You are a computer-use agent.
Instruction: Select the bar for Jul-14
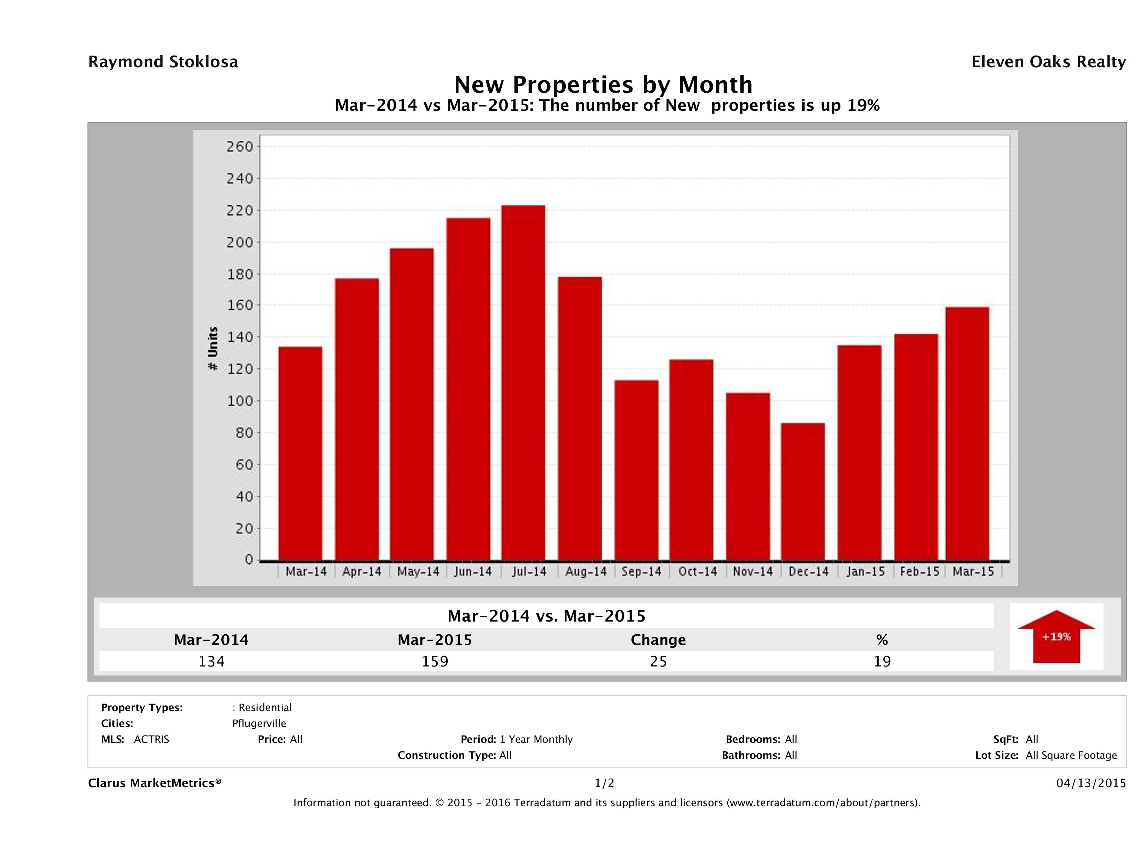click(523, 382)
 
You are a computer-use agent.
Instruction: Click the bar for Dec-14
click(803, 491)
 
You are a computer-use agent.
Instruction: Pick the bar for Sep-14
click(636, 470)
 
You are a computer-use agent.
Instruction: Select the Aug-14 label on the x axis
click(586, 572)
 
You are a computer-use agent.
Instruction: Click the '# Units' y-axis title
click(213, 349)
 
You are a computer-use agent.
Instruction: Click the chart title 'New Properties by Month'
click(603, 85)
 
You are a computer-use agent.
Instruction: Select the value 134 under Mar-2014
click(211, 661)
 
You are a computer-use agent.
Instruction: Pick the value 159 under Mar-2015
click(435, 661)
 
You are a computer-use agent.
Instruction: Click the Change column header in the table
click(658, 640)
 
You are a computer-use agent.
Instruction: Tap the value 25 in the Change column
click(658, 661)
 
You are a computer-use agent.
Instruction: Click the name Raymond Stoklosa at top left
click(163, 62)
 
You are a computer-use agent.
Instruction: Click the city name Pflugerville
click(259, 723)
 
